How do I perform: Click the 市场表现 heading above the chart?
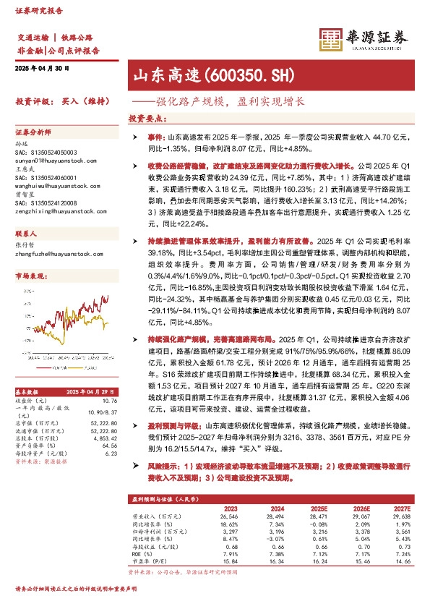coord(30,277)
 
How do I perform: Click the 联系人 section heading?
coord(26,236)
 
